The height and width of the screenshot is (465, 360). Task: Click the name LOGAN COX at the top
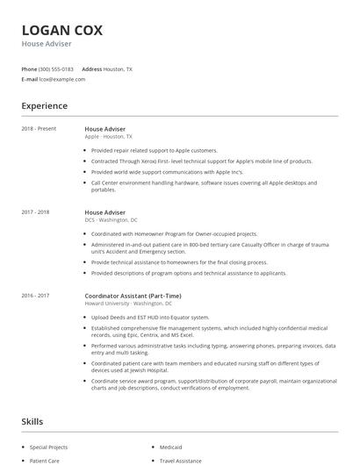61,30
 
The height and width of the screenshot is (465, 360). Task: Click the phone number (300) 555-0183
56,68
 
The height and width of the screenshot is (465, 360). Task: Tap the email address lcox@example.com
61,79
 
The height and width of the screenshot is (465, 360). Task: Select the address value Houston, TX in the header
119,68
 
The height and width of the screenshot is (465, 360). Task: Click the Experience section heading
45,106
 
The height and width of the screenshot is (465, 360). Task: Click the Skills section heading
33,422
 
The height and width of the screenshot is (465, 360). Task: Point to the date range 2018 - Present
39,129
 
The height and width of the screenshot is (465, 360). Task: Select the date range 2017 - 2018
36,212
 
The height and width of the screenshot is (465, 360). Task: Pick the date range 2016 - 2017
36,296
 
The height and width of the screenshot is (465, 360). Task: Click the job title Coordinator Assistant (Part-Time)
133,296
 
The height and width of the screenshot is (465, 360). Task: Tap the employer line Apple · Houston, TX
109,137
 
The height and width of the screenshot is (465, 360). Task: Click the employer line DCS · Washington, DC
111,220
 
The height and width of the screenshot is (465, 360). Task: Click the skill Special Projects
49,447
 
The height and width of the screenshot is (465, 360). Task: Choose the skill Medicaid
172,447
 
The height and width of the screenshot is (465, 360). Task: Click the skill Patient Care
45,460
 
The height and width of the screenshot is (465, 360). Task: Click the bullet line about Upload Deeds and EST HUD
150,317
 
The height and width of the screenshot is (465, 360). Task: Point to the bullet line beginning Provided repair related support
154,150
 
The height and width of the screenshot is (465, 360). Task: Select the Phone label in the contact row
29,68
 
